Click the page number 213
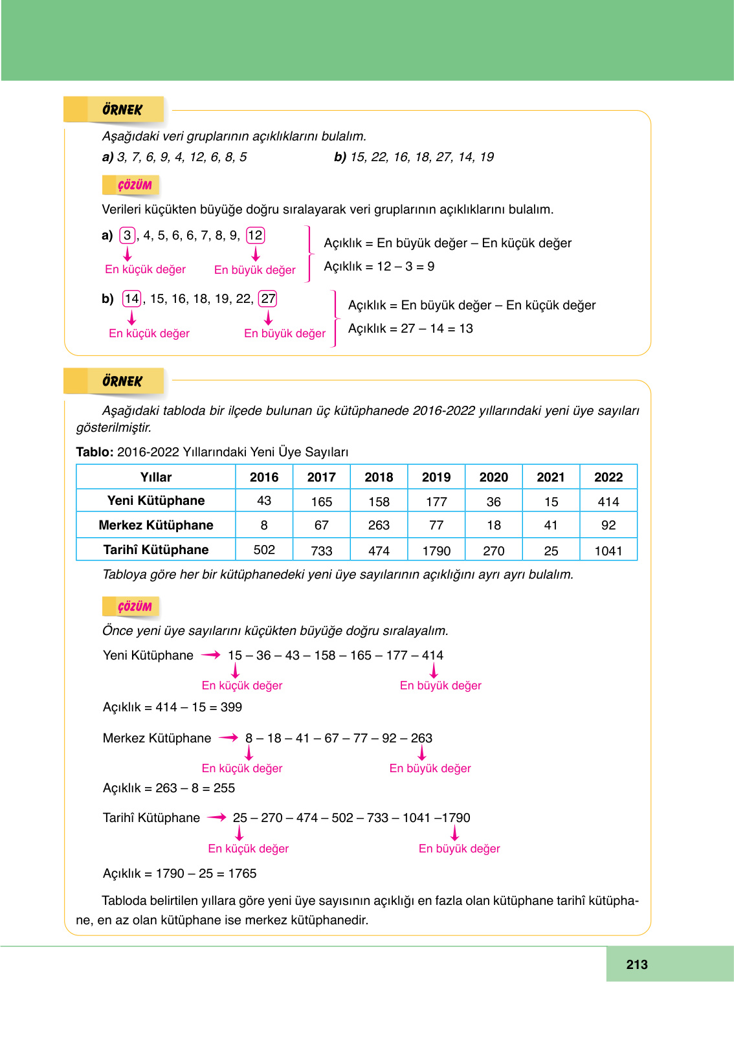point(636,964)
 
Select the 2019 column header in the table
point(436,477)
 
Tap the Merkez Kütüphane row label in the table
point(156,525)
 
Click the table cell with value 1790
point(436,551)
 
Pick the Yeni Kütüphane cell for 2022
point(608,502)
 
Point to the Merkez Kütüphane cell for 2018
point(379,525)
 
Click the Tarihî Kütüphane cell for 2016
point(264,550)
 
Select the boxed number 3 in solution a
point(128,235)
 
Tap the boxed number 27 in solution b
point(268,298)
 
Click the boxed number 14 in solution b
point(131,298)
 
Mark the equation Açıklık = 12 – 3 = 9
point(379,266)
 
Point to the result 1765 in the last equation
point(243,873)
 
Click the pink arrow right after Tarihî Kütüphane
point(216,818)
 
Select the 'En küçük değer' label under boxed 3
point(145,269)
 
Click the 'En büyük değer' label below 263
point(430,768)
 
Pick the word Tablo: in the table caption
point(95,452)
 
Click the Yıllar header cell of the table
point(156,477)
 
